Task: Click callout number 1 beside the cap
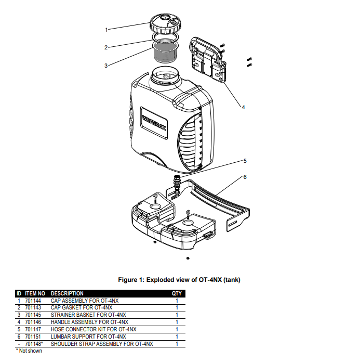106,29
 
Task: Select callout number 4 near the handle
243,107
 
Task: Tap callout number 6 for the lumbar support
245,177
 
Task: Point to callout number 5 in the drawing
245,161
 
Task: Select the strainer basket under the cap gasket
167,54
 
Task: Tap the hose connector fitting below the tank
177,185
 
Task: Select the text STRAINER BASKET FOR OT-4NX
88,315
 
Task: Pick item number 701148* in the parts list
34,344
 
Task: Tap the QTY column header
177,293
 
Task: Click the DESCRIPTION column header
67,293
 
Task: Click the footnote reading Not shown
30,351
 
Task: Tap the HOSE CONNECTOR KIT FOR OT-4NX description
94,330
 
